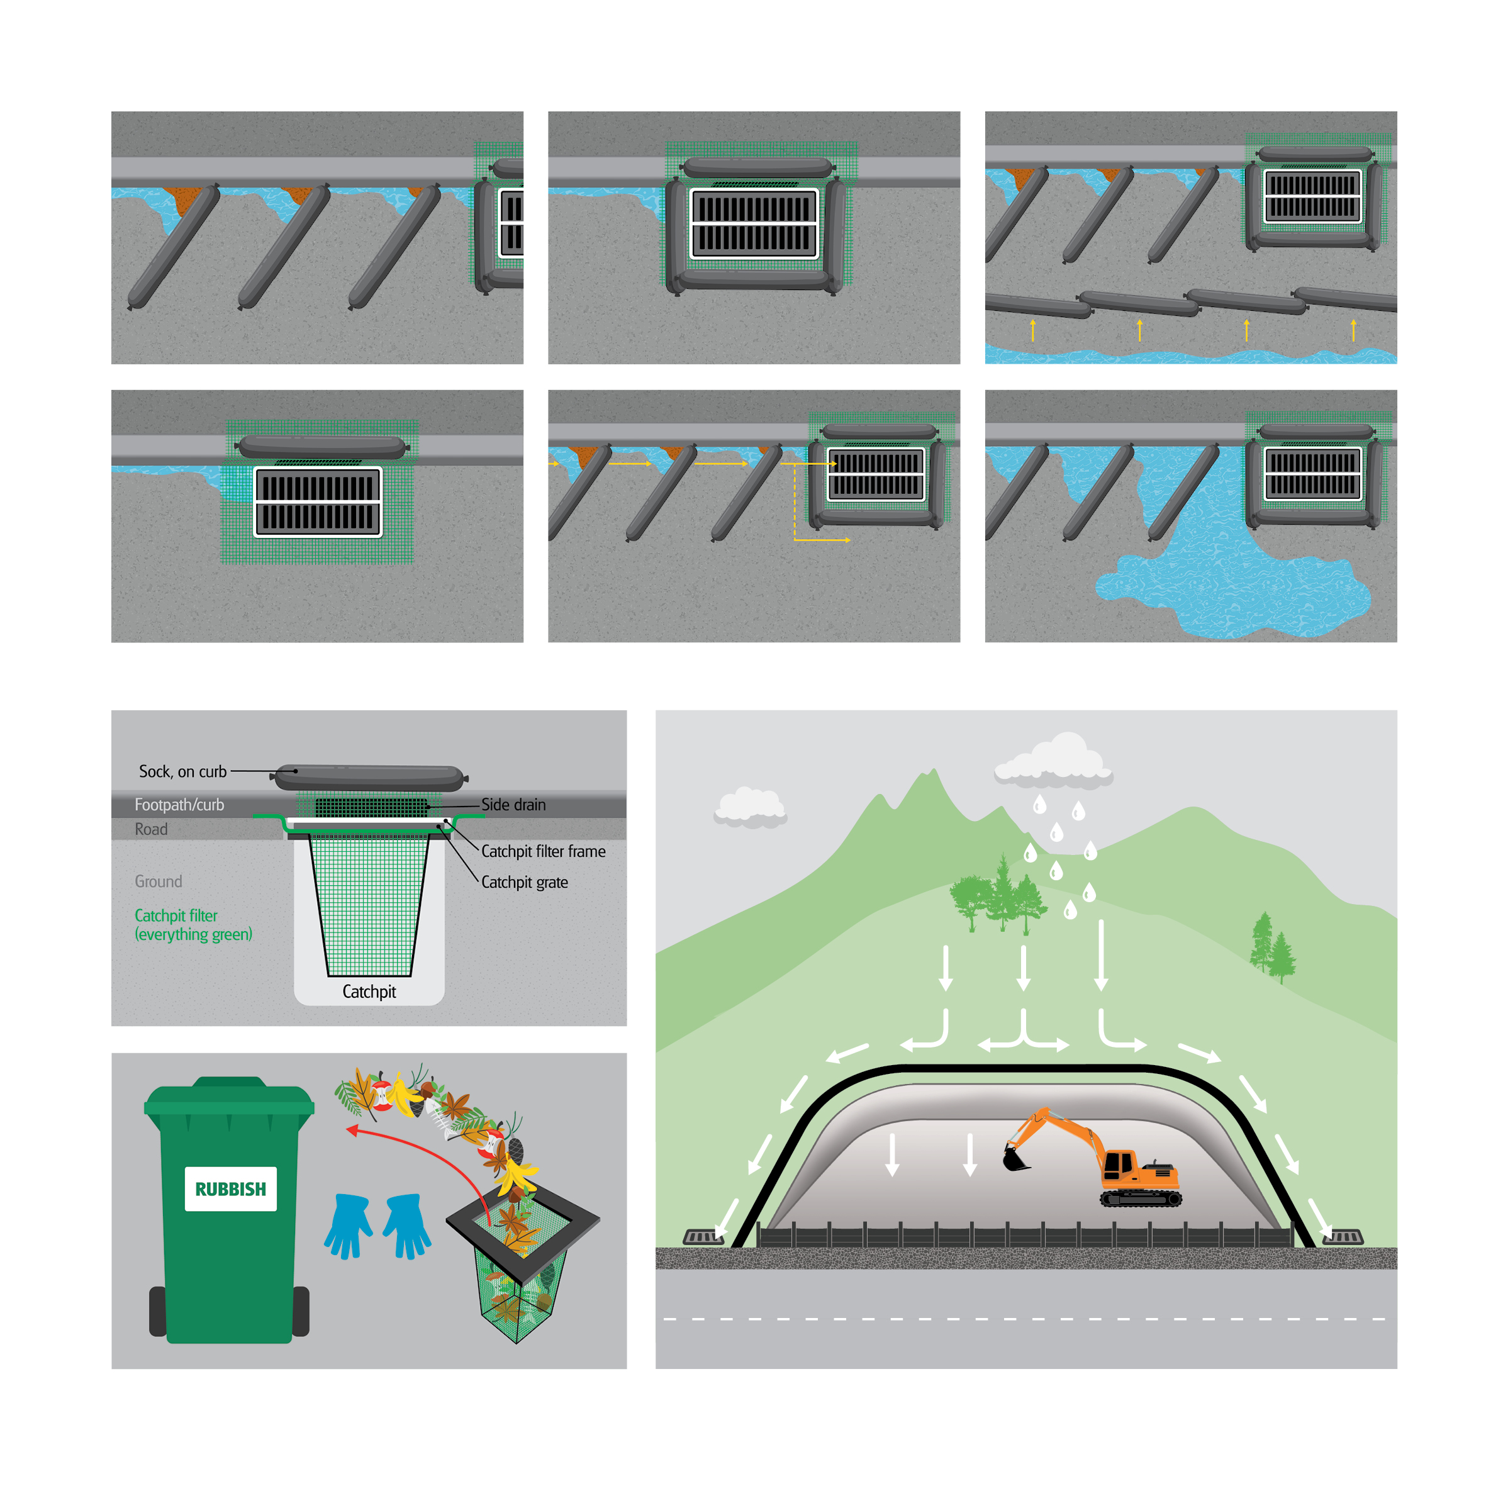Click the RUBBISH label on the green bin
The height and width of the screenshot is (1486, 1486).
230,1188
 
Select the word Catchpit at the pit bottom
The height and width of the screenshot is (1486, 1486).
369,992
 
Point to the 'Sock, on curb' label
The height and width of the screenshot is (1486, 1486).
183,771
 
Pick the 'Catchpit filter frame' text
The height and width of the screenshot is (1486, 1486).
543,851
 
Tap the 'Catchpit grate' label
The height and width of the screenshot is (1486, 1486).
525,882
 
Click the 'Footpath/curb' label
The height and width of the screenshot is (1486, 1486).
179,805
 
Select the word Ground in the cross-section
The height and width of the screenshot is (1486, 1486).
159,881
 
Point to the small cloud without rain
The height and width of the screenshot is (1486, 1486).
751,808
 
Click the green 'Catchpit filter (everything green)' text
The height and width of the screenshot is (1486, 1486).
193,925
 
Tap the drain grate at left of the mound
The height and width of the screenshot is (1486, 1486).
704,1237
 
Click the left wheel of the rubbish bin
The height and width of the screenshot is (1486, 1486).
158,1310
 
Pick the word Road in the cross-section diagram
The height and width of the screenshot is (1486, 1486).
151,829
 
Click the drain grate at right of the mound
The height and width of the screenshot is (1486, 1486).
1343,1237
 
